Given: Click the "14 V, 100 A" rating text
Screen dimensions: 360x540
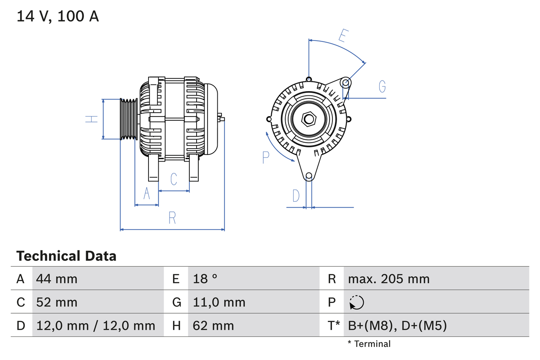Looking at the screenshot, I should click(x=57, y=16).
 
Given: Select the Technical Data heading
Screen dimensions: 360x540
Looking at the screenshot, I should click(x=66, y=256).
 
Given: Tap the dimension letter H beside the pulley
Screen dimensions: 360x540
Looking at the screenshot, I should click(x=92, y=119).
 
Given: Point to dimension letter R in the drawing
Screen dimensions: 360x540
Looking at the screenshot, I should click(x=172, y=218).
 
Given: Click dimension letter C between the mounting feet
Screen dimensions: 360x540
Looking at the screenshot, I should click(x=174, y=179).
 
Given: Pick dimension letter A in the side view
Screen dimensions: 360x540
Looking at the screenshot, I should click(x=147, y=193).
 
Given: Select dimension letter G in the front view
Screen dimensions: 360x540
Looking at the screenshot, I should click(x=382, y=87).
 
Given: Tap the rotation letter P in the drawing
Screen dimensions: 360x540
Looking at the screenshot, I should click(x=266, y=157).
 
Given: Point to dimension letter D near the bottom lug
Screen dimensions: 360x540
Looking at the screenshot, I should click(x=296, y=196).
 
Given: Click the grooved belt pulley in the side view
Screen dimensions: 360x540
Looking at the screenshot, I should click(x=129, y=119).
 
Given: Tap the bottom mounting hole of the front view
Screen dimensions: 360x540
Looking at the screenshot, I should click(x=309, y=176).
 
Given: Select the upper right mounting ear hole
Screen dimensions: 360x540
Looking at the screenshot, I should click(x=345, y=82).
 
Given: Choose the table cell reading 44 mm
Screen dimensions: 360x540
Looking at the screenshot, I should click(x=57, y=279).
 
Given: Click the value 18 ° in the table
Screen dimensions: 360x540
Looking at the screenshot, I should click(x=205, y=279).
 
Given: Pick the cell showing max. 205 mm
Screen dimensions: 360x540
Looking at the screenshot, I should click(x=389, y=279).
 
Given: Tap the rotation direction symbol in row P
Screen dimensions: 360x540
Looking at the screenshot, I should click(x=356, y=302).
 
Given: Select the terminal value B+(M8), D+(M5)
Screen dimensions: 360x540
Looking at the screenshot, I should click(x=397, y=325).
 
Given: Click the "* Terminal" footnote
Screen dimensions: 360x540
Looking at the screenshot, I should click(x=369, y=344).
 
